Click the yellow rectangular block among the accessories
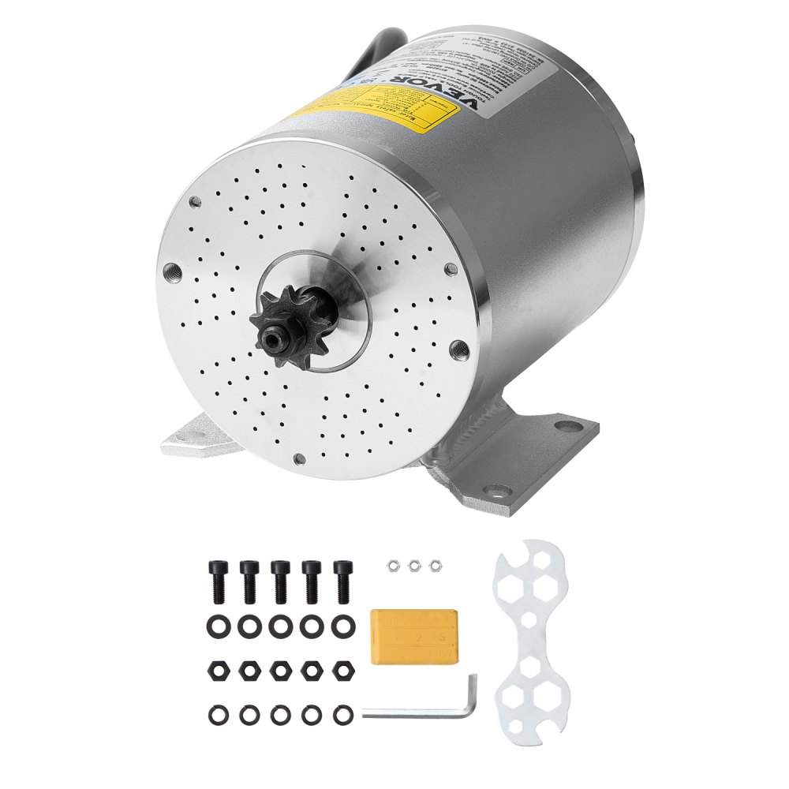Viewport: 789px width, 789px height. tap(413, 638)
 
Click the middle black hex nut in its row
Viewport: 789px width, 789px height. tap(279, 670)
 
